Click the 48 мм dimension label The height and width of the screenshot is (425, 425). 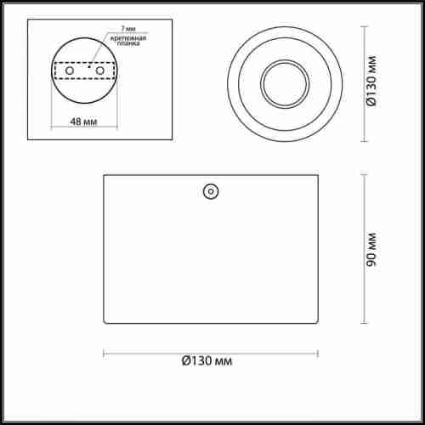(x=83, y=122)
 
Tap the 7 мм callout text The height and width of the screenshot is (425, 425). (x=128, y=29)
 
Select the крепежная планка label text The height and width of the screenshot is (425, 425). (x=128, y=41)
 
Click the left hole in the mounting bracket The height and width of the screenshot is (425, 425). (x=70, y=71)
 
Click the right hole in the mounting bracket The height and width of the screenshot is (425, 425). (x=100, y=71)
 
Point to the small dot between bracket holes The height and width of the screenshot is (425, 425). (x=89, y=67)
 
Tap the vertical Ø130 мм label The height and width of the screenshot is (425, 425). (x=371, y=82)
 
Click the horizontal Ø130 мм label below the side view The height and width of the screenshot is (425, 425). (x=207, y=361)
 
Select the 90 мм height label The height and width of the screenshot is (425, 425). (x=371, y=249)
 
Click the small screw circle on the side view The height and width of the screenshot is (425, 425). (x=211, y=191)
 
